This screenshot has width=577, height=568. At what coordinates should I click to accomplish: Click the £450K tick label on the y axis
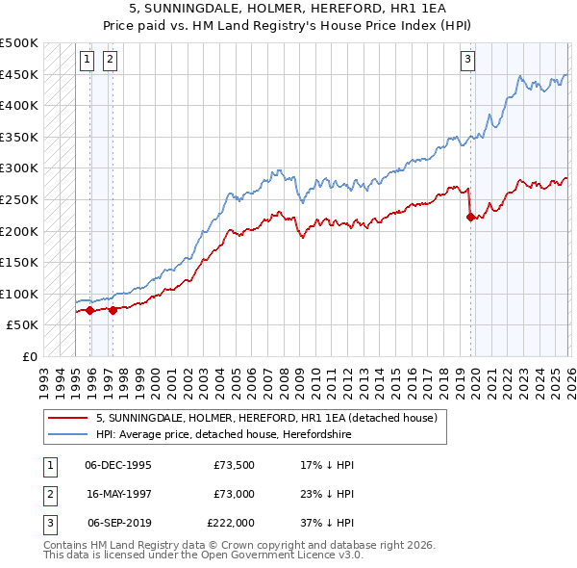click(19, 74)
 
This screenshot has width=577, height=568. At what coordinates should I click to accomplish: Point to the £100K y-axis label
click(19, 294)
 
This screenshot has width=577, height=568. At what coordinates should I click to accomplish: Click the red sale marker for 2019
click(470, 218)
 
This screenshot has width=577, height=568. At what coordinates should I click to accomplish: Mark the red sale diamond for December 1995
click(89, 310)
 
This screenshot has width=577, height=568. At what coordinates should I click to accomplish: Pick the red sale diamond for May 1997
click(113, 310)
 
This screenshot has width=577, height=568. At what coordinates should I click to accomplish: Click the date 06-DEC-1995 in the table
click(118, 464)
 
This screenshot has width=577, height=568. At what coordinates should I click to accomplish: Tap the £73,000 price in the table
click(234, 494)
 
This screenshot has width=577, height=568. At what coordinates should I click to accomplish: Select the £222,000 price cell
click(231, 524)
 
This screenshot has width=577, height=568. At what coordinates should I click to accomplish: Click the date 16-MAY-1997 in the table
click(118, 494)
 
